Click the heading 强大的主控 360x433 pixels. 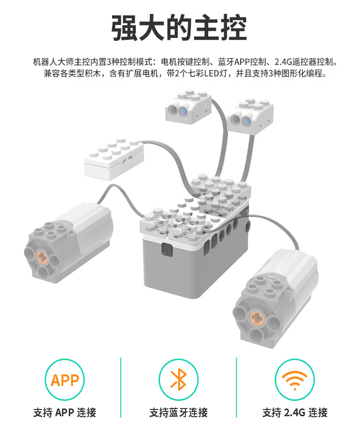point(179,28)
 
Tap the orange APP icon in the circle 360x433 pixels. point(65,380)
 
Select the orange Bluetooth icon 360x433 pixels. point(179,379)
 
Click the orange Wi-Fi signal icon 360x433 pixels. point(295,380)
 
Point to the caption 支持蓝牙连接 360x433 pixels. point(179,412)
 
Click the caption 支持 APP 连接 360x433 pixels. point(65,412)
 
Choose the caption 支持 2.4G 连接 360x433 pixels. point(295,412)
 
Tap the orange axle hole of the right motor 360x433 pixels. point(256,317)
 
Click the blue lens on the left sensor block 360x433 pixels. point(183,111)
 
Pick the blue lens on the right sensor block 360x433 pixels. point(246,120)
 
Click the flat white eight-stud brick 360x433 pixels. point(114,159)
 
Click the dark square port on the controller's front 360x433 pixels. point(167,250)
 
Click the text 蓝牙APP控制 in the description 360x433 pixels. point(241,62)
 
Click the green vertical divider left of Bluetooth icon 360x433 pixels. point(120,387)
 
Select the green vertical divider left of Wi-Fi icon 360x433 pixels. point(237,387)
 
